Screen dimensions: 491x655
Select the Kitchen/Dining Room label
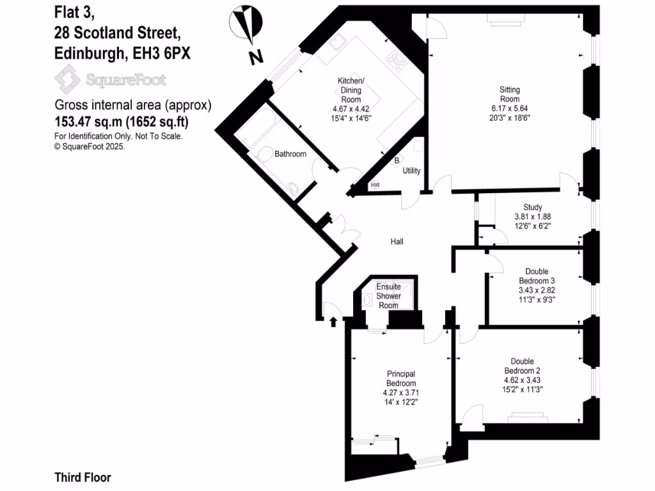pyautogui.click(x=351, y=86)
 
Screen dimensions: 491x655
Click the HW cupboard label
pyautogui.click(x=375, y=185)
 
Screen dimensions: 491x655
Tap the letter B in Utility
pyautogui.click(x=397, y=160)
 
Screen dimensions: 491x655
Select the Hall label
pyautogui.click(x=397, y=241)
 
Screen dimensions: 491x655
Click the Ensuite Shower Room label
pyautogui.click(x=388, y=295)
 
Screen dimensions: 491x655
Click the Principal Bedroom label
pyautogui.click(x=401, y=378)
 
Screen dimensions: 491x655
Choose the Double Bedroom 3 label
pyautogui.click(x=536, y=276)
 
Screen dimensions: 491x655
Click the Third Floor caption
pyautogui.click(x=83, y=477)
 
